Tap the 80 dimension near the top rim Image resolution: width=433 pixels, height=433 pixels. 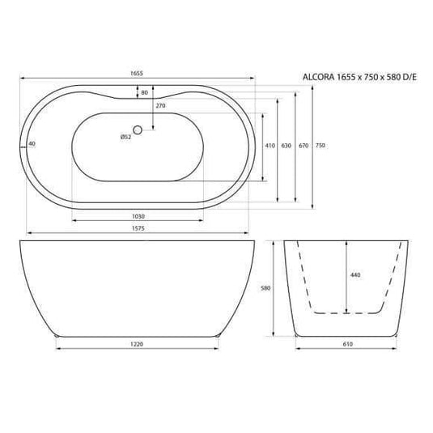coord(144,92)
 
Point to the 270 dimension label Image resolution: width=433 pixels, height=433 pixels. coord(160,106)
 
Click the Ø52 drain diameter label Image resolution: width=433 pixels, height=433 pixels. coord(125,136)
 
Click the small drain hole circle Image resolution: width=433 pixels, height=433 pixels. coord(138,129)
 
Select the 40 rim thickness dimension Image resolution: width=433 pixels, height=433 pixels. coord(32,143)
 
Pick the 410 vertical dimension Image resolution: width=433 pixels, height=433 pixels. coord(270,146)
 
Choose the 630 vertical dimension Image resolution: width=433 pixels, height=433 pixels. coord(286,146)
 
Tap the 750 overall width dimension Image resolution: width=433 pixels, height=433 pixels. coord(321,146)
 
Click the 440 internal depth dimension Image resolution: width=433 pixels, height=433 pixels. coord(354,276)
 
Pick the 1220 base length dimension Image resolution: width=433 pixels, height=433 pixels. coord(137,345)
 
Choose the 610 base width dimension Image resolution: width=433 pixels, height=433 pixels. coord(346,345)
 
